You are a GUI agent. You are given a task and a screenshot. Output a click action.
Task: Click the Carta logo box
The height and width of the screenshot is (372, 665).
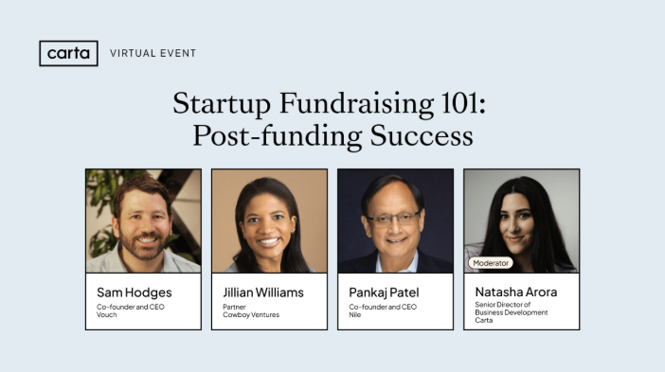(x=68, y=53)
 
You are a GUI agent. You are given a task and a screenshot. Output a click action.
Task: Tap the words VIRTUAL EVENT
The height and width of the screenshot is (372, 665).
(x=153, y=54)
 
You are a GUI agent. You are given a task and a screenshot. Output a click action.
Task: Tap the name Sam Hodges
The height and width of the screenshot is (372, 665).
(x=135, y=292)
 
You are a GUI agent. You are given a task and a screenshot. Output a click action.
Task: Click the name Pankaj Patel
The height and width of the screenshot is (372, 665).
(x=384, y=292)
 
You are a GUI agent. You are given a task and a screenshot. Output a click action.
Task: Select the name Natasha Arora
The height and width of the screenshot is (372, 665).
(x=516, y=292)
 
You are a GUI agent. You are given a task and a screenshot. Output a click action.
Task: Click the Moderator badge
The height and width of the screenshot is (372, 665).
(x=491, y=262)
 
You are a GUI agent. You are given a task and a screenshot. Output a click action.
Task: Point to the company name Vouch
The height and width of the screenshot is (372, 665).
(x=107, y=314)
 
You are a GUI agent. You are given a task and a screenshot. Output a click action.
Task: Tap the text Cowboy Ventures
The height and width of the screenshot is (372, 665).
(x=251, y=314)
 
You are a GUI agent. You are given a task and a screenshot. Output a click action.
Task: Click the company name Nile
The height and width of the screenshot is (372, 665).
(x=356, y=314)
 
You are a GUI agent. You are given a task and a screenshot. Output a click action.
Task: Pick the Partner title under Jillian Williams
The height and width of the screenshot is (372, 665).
(x=236, y=307)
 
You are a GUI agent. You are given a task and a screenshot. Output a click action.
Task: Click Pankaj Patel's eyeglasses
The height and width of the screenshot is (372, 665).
(x=394, y=218)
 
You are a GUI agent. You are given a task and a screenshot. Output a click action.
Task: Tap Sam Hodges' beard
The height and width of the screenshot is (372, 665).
(x=144, y=245)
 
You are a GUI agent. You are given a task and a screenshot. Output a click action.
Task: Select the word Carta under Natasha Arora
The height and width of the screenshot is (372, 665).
(x=485, y=321)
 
